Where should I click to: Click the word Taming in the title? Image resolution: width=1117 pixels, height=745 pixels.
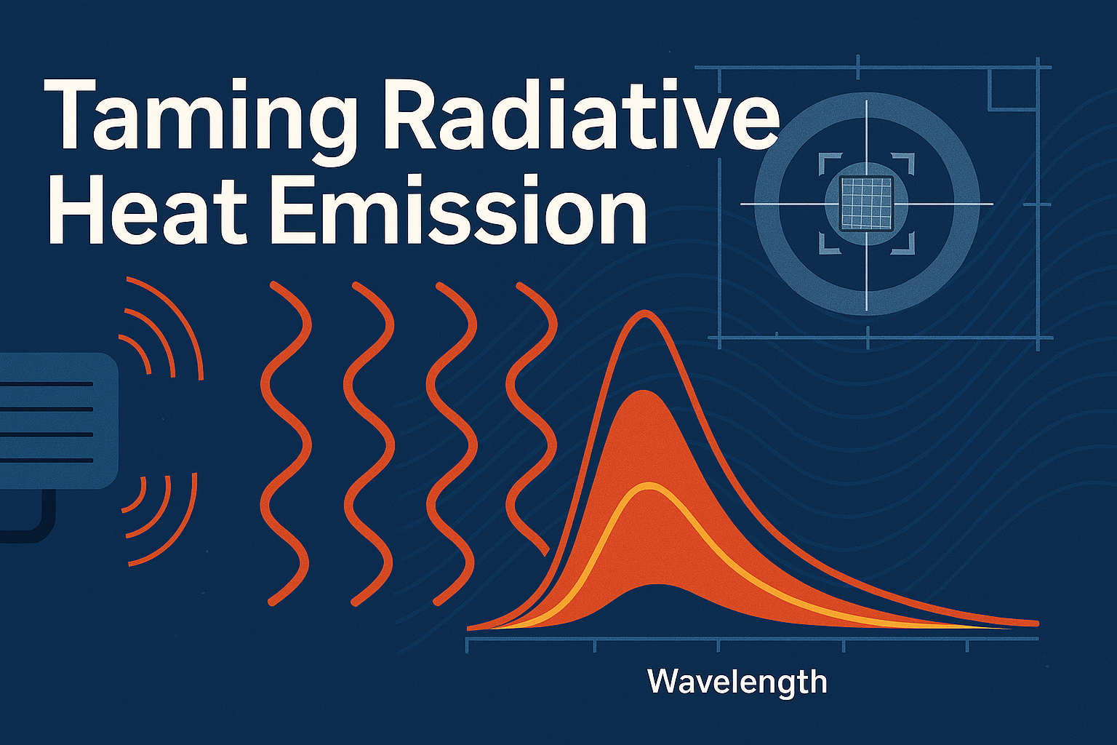(193, 120)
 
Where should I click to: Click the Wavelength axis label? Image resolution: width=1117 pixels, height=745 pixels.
(737, 682)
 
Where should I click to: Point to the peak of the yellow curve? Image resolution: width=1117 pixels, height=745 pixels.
(648, 485)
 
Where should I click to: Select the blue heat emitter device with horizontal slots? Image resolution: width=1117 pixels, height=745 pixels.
(59, 420)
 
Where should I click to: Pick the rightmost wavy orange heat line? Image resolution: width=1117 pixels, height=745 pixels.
(532, 419)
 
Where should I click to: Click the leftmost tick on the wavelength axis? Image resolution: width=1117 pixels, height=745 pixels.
(468, 645)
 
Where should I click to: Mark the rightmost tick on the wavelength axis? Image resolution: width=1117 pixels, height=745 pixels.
(968, 645)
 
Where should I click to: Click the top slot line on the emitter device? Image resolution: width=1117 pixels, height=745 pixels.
(47, 384)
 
